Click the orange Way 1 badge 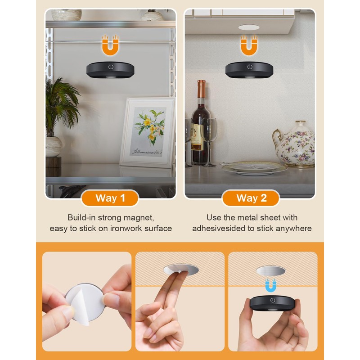tap(110, 198)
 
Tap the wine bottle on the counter tap(199, 125)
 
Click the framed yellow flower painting tap(148, 133)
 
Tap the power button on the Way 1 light tap(110, 67)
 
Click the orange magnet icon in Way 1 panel tap(110, 45)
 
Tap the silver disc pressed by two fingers tap(181, 270)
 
